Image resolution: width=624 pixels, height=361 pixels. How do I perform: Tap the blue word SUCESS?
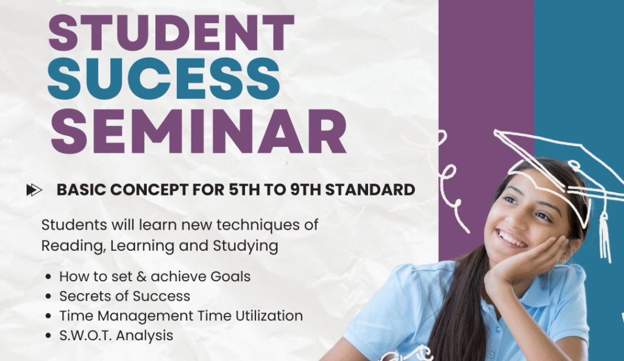coord(163,79)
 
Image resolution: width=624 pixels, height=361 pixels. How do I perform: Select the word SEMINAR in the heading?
coord(199,131)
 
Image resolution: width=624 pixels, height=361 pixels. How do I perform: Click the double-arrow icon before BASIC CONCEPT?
coord(34,190)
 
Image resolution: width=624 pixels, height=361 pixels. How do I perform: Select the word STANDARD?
coord(370,190)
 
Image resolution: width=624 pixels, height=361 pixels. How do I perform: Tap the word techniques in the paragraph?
coord(258,225)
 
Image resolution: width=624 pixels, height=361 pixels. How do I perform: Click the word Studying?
coord(245,246)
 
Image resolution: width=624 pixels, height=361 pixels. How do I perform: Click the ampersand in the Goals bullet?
coord(141,277)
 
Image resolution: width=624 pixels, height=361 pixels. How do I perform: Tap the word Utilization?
coord(269,316)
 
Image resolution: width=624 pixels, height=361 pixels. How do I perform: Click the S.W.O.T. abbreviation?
coord(85,335)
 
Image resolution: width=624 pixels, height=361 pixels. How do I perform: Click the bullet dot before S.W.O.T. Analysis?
coord(49,335)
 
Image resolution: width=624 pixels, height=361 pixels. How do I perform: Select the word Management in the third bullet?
coord(146,317)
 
